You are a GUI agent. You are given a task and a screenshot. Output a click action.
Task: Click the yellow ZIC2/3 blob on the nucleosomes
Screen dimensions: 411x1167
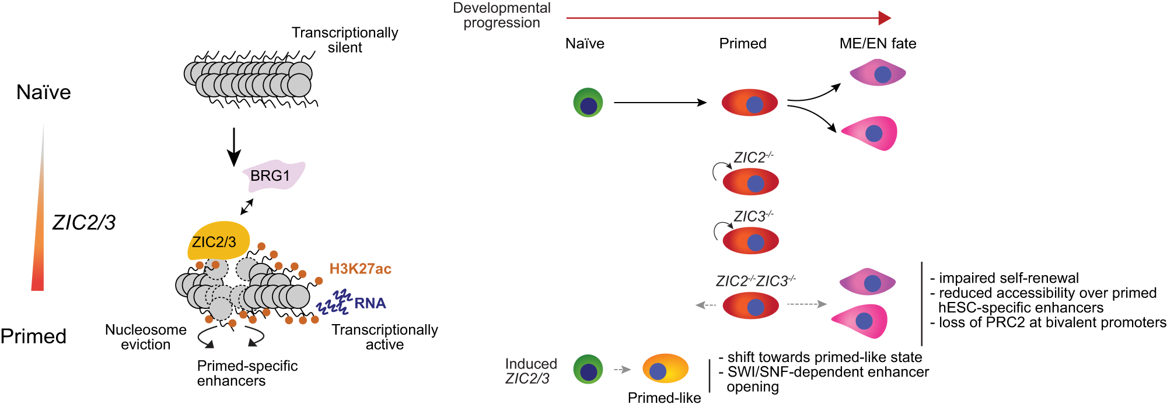pos(218,241)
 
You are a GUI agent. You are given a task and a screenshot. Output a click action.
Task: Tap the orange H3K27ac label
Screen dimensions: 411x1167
pos(360,269)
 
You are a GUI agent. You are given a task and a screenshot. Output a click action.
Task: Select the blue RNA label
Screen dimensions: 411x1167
pos(370,303)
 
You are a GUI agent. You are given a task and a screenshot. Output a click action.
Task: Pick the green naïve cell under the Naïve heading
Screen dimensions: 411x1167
pos(588,103)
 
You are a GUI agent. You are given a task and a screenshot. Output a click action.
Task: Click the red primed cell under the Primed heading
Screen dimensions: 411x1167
pos(750,103)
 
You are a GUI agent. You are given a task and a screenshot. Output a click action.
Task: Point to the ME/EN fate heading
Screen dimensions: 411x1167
pos(878,44)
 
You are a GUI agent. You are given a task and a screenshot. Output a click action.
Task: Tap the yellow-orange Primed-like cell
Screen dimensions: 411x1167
pos(665,369)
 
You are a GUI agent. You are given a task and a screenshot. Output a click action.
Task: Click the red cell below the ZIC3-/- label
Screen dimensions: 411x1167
pos(750,241)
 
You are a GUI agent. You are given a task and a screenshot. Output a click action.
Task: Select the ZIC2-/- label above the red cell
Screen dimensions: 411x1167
pos(753,157)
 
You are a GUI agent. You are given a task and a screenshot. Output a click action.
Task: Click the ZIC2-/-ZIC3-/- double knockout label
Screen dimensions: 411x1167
pos(756,281)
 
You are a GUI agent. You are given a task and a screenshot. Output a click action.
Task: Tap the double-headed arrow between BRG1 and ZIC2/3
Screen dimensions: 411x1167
pos(247,207)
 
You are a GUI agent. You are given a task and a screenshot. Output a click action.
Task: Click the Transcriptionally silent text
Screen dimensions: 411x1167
pos(345,40)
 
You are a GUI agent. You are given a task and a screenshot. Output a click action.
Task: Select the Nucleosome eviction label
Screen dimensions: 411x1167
pos(146,337)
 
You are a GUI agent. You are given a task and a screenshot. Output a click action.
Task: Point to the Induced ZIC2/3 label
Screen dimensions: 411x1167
pos(530,371)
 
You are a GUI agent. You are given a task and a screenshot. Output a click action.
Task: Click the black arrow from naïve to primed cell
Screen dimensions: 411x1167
pos(659,103)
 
